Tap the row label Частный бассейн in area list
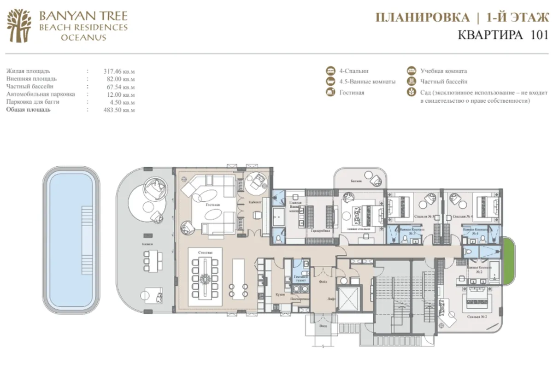coord(29,86)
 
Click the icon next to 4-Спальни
coord(330,71)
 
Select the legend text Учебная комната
coord(443,71)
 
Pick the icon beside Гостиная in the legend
coord(330,92)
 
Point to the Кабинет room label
coord(256,202)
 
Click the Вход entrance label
coord(321,325)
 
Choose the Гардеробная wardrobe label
coord(320,230)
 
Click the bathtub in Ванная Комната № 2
coord(496,271)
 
